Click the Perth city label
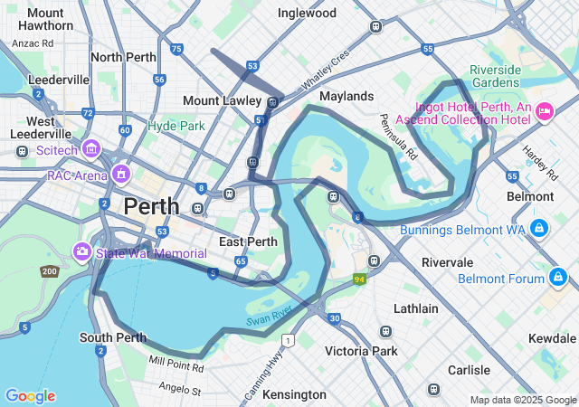[x=151, y=205]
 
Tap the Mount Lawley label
[x=222, y=100]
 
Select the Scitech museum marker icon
[x=90, y=147]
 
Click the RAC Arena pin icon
[x=121, y=173]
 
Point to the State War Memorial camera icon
[x=82, y=251]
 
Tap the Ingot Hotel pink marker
[x=545, y=112]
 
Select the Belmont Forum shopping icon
[x=560, y=277]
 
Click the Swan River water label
[x=269, y=316]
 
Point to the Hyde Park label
[x=176, y=126]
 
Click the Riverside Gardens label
[x=495, y=76]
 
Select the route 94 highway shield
[x=360, y=279]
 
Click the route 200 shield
[x=48, y=271]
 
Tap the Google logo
[x=30, y=396]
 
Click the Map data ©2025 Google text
[x=522, y=400]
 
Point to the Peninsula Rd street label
[x=398, y=137]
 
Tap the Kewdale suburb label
[x=552, y=337]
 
